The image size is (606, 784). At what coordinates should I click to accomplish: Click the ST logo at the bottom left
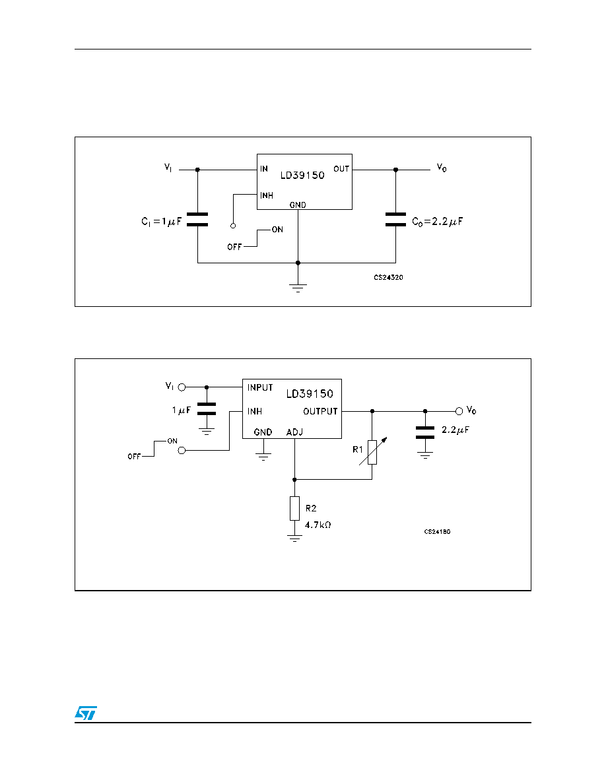pyautogui.click(x=86, y=713)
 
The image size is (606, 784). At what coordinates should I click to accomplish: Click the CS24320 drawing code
pyautogui.click(x=389, y=277)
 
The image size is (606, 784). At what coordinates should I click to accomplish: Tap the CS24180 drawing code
pyautogui.click(x=438, y=531)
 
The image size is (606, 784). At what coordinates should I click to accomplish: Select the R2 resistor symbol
pyautogui.click(x=294, y=509)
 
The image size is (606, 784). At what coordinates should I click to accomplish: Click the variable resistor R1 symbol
pyautogui.click(x=372, y=451)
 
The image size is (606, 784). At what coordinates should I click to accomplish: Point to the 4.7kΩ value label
pyautogui.click(x=318, y=525)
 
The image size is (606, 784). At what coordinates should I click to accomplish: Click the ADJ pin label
pyautogui.click(x=294, y=432)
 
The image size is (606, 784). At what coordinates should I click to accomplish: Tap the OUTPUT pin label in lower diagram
pyautogui.click(x=320, y=411)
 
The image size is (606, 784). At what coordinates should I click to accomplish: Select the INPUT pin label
pyautogui.click(x=260, y=387)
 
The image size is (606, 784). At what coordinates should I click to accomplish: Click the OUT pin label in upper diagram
pyautogui.click(x=341, y=169)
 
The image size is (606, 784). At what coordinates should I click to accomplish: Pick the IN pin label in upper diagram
pyautogui.click(x=264, y=169)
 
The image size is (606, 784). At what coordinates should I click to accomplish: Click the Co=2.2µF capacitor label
pyautogui.click(x=438, y=222)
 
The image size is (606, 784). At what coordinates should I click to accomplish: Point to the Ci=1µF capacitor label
pyautogui.click(x=162, y=222)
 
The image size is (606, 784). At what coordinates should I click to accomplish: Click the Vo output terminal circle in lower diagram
pyautogui.click(x=459, y=411)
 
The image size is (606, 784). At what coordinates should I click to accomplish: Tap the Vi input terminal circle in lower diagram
pyautogui.click(x=182, y=387)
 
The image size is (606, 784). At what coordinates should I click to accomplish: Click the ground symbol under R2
pyautogui.click(x=294, y=539)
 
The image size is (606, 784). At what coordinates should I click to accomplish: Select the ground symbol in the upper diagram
pyautogui.click(x=298, y=288)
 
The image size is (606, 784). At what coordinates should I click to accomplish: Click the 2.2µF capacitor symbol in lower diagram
pyautogui.click(x=425, y=433)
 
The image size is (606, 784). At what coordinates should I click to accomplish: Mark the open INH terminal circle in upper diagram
pyautogui.click(x=233, y=226)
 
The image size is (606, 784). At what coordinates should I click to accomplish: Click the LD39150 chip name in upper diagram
pyautogui.click(x=302, y=176)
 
